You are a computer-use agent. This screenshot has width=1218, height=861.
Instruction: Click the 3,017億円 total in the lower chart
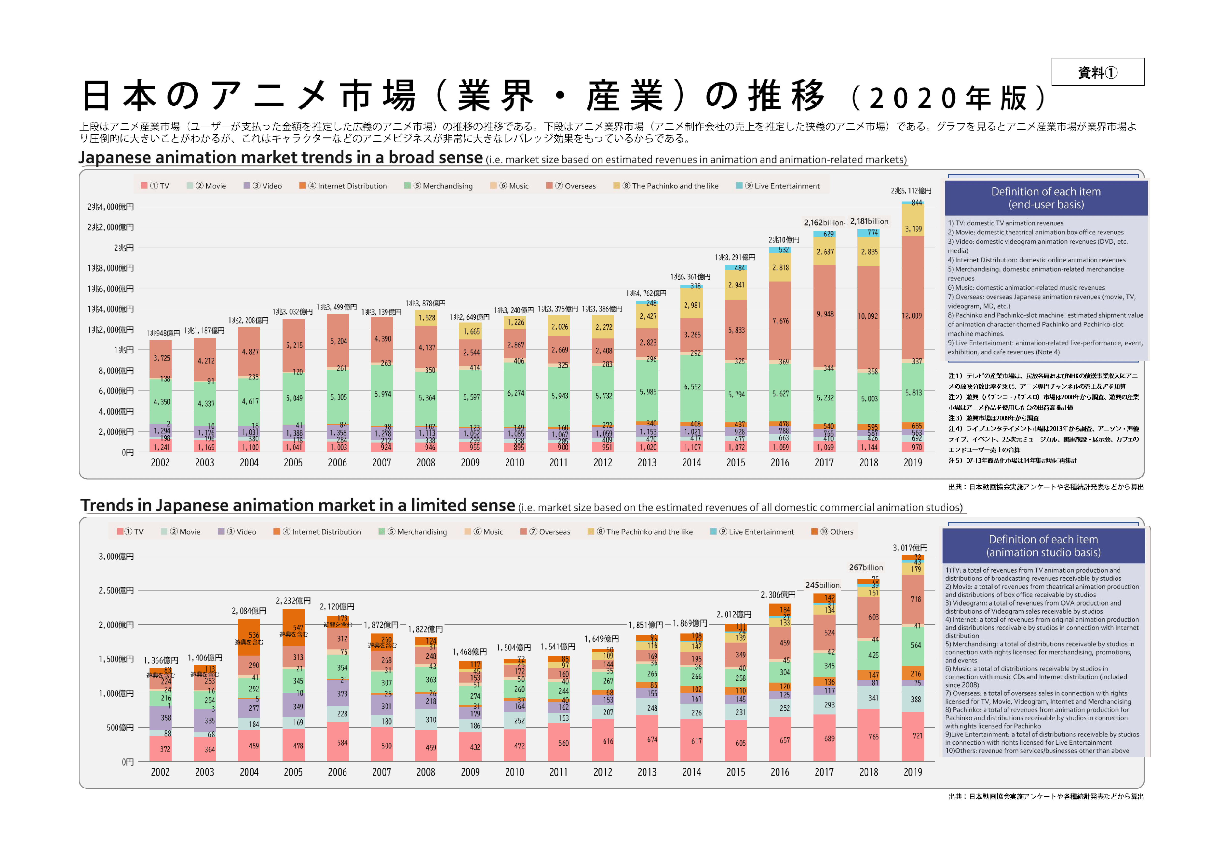(910, 548)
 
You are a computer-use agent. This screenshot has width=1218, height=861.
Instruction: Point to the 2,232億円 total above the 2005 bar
(293, 601)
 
